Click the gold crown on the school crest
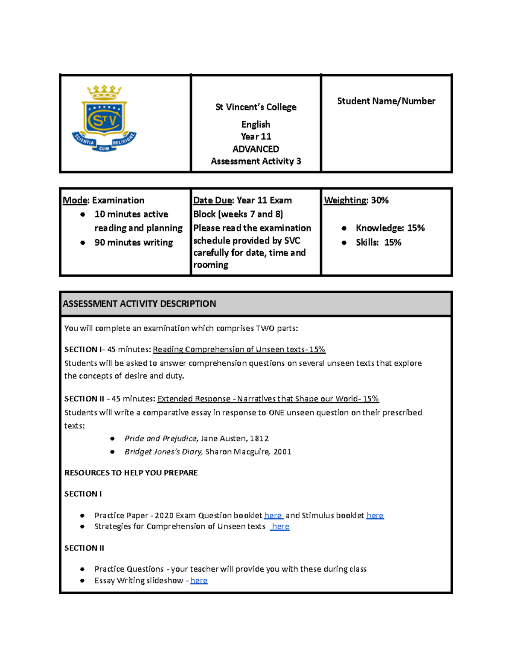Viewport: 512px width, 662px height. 104,92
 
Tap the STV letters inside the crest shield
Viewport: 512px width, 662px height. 104,120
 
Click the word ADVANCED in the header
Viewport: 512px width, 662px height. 256,149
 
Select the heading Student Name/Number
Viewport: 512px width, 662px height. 386,101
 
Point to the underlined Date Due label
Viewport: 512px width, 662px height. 213,200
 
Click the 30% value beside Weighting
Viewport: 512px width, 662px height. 379,200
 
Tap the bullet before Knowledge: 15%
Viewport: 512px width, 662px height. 344,228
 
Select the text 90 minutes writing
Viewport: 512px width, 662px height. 134,243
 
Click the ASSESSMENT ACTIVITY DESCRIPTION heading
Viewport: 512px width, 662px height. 139,304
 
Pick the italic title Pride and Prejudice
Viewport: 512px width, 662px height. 160,439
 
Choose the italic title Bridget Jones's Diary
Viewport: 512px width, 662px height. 163,452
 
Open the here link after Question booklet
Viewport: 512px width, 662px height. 273,515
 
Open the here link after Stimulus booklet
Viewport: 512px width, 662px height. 375,515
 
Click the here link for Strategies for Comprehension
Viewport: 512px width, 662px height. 280,526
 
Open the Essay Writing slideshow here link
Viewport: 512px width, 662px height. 199,581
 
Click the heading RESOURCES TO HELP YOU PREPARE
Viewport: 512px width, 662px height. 131,473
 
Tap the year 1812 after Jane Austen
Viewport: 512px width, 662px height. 259,439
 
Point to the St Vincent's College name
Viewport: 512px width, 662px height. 256,107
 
